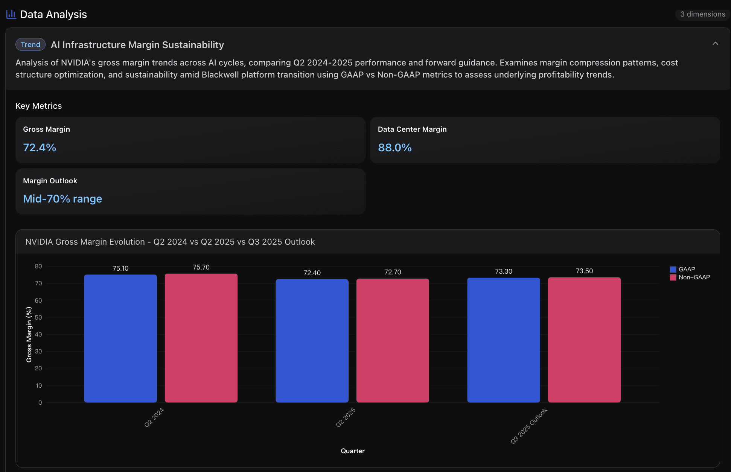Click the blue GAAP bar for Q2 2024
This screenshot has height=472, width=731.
[x=120, y=338]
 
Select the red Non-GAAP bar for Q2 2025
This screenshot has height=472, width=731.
[x=393, y=340]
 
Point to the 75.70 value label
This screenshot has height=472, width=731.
[x=201, y=267]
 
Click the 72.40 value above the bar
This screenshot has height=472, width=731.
[x=312, y=273]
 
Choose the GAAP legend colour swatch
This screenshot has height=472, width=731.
[x=673, y=269]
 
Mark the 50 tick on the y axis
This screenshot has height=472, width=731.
[x=38, y=317]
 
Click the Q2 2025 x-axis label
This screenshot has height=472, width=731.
[x=346, y=417]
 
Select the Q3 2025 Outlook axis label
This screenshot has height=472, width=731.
[x=529, y=426]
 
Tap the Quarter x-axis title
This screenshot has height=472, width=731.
[x=352, y=451]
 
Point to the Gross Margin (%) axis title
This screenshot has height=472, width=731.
[x=29, y=335]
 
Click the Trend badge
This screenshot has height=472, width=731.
[x=30, y=44]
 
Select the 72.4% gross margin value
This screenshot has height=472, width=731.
[x=40, y=148]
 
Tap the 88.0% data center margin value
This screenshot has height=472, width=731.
[x=394, y=148]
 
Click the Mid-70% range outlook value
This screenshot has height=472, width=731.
[x=62, y=199]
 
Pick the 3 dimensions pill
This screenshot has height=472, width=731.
[x=702, y=14]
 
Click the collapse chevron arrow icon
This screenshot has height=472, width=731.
[x=715, y=44]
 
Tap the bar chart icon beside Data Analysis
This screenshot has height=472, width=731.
[x=11, y=14]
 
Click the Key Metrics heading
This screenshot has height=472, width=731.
[x=38, y=106]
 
